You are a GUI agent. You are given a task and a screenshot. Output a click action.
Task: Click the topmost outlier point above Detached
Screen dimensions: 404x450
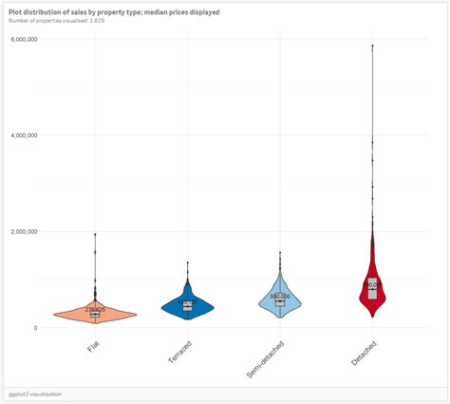click(x=372, y=46)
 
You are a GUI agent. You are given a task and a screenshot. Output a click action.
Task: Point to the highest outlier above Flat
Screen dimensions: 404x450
click(x=95, y=234)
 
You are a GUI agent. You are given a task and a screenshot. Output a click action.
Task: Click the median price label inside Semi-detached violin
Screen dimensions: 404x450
click(x=280, y=296)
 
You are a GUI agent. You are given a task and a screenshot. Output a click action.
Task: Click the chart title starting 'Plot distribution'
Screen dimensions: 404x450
click(x=114, y=11)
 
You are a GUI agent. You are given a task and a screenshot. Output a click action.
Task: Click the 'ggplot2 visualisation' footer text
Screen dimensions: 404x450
click(x=36, y=393)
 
